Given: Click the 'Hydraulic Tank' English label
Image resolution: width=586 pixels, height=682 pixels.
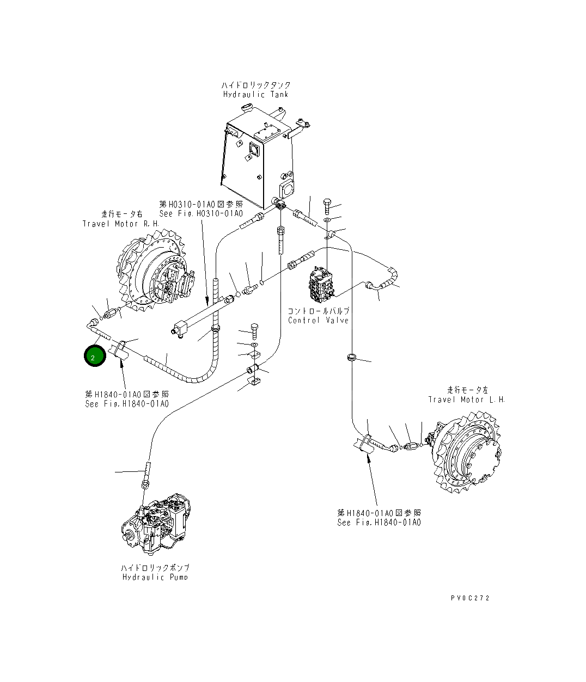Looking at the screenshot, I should point(255,94).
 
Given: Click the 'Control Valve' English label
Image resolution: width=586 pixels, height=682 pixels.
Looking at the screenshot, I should point(319,320).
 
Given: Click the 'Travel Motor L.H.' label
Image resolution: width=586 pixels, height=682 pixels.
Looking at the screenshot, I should point(466,400).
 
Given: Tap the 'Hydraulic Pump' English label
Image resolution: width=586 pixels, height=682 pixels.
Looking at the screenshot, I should point(155,577).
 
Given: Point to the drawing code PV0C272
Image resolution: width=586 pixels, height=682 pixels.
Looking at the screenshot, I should point(470,598).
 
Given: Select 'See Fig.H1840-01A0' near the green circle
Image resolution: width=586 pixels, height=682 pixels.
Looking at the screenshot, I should point(126,404).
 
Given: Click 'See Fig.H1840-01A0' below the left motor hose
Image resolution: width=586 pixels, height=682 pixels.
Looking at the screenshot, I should point(379,523).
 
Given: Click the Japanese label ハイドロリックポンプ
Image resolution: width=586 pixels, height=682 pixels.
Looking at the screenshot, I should point(155,568).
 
